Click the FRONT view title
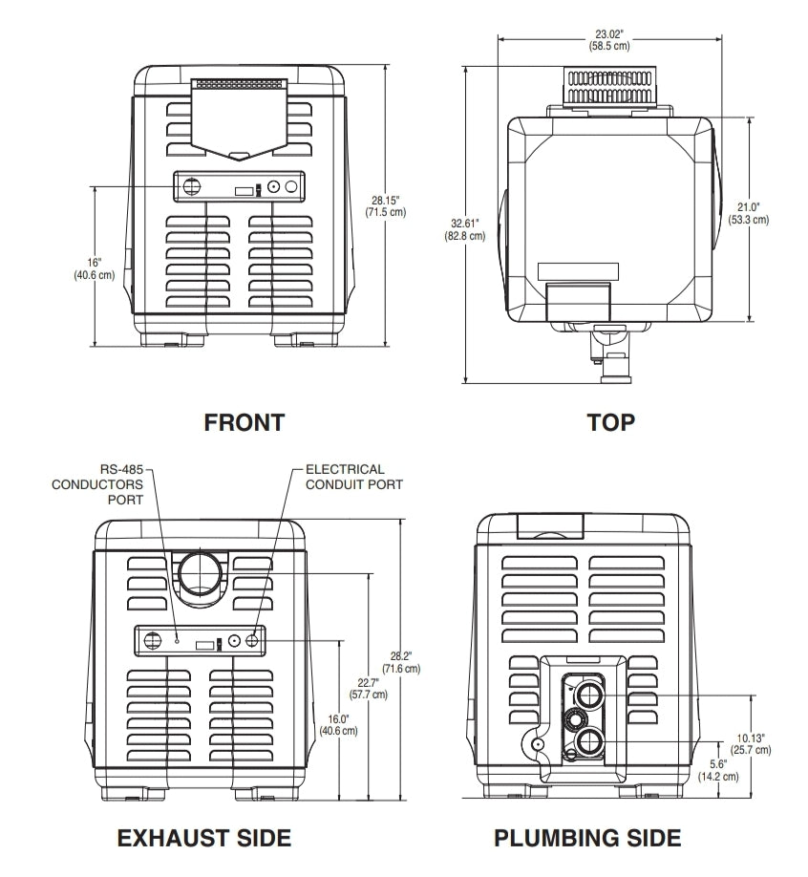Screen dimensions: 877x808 (x=244, y=422)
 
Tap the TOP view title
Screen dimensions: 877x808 (x=610, y=422)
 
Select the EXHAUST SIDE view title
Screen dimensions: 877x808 (x=203, y=838)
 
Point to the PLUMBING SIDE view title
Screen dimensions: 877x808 (x=587, y=838)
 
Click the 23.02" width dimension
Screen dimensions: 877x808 (x=608, y=39)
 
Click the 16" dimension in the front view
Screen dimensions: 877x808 (x=94, y=268)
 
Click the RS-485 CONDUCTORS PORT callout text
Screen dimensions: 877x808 (x=110, y=484)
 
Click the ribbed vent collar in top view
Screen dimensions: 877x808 (x=609, y=86)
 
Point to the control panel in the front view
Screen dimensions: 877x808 (x=239, y=187)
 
